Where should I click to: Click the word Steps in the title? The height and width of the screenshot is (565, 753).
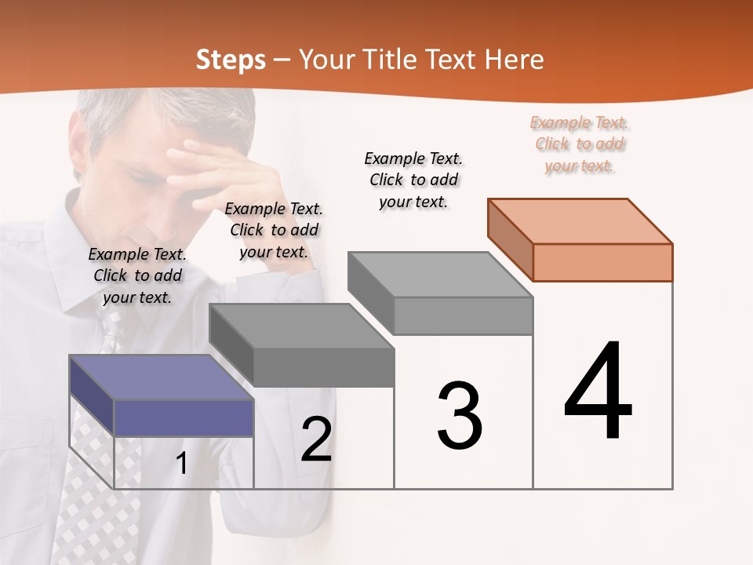tap(231, 60)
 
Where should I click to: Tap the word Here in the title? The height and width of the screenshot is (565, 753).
tap(515, 60)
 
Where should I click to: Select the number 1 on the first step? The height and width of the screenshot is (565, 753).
tap(182, 464)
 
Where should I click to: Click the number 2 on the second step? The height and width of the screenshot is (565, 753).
tap(316, 440)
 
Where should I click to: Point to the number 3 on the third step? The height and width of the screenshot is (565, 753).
tap(460, 416)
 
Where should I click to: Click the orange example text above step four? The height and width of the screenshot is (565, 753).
tap(580, 144)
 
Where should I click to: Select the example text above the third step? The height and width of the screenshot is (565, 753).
tap(413, 180)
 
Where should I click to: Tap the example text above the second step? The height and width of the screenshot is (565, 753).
tap(274, 230)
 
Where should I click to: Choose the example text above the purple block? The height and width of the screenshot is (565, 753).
tap(137, 275)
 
